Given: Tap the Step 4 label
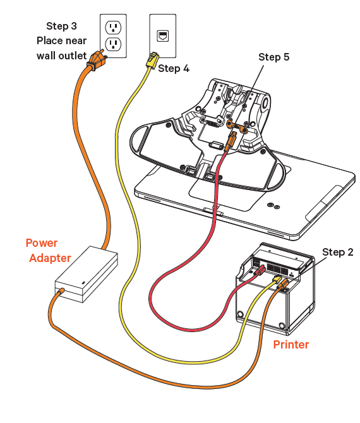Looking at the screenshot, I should pyautogui.click(x=174, y=68).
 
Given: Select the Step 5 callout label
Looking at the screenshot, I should pyautogui.click(x=273, y=57).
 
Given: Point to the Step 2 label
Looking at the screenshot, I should pyautogui.click(x=338, y=252).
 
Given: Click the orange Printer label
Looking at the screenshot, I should pyautogui.click(x=291, y=345).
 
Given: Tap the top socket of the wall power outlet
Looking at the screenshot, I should pyautogui.click(x=112, y=27).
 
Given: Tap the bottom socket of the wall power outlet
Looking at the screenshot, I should pyautogui.click(x=112, y=44).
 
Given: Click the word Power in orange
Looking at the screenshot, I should pyautogui.click(x=42, y=243).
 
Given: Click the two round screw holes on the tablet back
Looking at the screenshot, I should pyautogui.click(x=273, y=206).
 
